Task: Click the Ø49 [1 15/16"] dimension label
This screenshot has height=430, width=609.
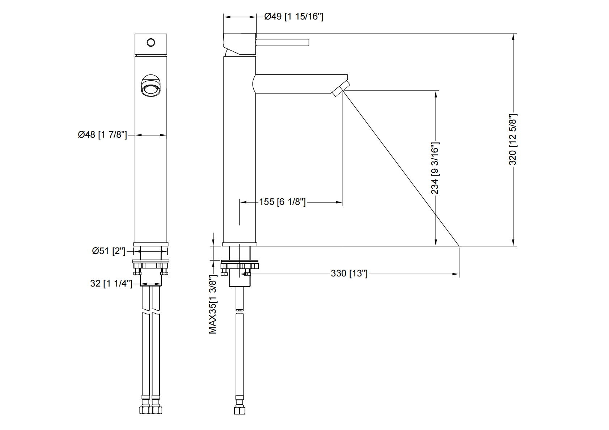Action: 293,17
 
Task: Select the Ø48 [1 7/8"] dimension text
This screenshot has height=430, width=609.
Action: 102,135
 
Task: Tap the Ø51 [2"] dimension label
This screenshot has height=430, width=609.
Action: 109,251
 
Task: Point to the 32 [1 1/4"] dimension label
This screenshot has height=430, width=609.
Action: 111,283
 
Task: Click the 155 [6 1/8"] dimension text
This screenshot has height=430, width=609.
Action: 282,202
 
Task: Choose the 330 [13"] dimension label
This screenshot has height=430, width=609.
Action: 349,274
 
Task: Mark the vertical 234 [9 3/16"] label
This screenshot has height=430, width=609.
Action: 435,168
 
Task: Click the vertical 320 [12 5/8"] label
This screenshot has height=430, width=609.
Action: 513,139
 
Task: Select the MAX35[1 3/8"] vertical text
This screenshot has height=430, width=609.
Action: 213,304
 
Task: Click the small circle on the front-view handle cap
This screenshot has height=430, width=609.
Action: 151,43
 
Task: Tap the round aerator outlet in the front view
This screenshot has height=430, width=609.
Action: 150,89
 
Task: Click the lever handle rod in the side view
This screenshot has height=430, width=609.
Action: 283,42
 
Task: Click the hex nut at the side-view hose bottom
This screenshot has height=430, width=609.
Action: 240,410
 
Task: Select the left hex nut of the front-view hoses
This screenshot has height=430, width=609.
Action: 145,410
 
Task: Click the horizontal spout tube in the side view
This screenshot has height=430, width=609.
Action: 297,84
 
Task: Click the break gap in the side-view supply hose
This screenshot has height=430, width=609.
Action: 240,312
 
